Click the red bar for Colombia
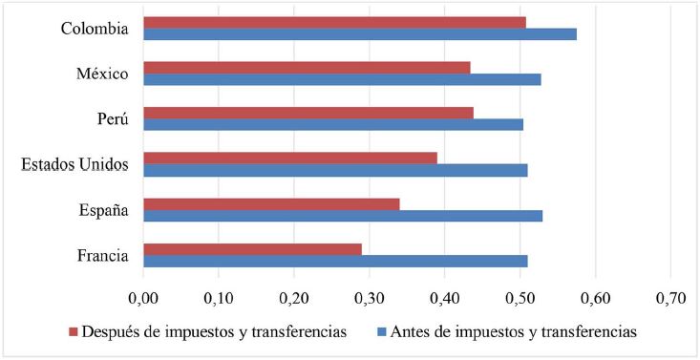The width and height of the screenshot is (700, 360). (334, 22)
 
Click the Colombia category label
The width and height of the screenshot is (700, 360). (94, 29)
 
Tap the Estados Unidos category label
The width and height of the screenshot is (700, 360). (74, 164)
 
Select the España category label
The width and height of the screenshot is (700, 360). (103, 209)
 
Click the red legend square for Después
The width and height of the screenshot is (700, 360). (74, 332)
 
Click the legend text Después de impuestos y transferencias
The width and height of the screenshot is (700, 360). (215, 332)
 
